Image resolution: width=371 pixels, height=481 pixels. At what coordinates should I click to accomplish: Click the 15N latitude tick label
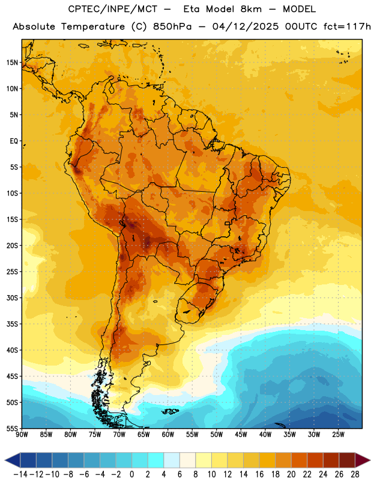tap(12, 63)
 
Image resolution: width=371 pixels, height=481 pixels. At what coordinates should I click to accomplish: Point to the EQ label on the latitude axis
tap(14, 141)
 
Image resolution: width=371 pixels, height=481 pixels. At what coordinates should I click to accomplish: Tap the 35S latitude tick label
tap(12, 324)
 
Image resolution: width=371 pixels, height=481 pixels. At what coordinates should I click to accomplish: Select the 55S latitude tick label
tap(12, 428)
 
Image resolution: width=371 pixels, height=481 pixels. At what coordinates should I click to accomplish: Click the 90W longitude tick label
tap(22, 435)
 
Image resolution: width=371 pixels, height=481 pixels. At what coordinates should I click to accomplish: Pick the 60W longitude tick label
tap(168, 435)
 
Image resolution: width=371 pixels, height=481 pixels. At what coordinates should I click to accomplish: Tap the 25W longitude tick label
tap(338, 435)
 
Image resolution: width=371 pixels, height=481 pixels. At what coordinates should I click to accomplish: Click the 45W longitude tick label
tap(241, 435)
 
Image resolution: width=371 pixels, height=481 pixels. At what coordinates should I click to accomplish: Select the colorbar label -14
tap(20, 474)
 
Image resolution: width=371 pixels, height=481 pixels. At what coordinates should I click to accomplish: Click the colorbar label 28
tap(355, 474)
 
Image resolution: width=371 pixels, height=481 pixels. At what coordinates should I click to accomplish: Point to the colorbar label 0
tap(131, 474)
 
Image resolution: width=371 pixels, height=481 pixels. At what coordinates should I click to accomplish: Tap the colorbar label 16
tap(259, 474)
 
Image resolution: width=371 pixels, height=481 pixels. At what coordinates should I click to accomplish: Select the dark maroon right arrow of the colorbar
tap(363, 461)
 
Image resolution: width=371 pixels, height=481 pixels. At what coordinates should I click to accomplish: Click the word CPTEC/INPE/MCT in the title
tap(113, 9)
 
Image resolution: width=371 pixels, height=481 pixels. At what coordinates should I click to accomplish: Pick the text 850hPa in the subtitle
tap(172, 26)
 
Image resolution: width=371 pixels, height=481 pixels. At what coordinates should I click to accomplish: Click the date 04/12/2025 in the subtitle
tap(246, 26)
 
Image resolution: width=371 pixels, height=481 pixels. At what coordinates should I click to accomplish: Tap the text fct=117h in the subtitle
tap(347, 26)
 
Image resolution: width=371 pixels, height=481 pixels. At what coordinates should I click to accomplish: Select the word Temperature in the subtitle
tap(93, 26)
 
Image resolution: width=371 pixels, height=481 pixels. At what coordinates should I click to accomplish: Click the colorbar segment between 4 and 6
tap(172, 461)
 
